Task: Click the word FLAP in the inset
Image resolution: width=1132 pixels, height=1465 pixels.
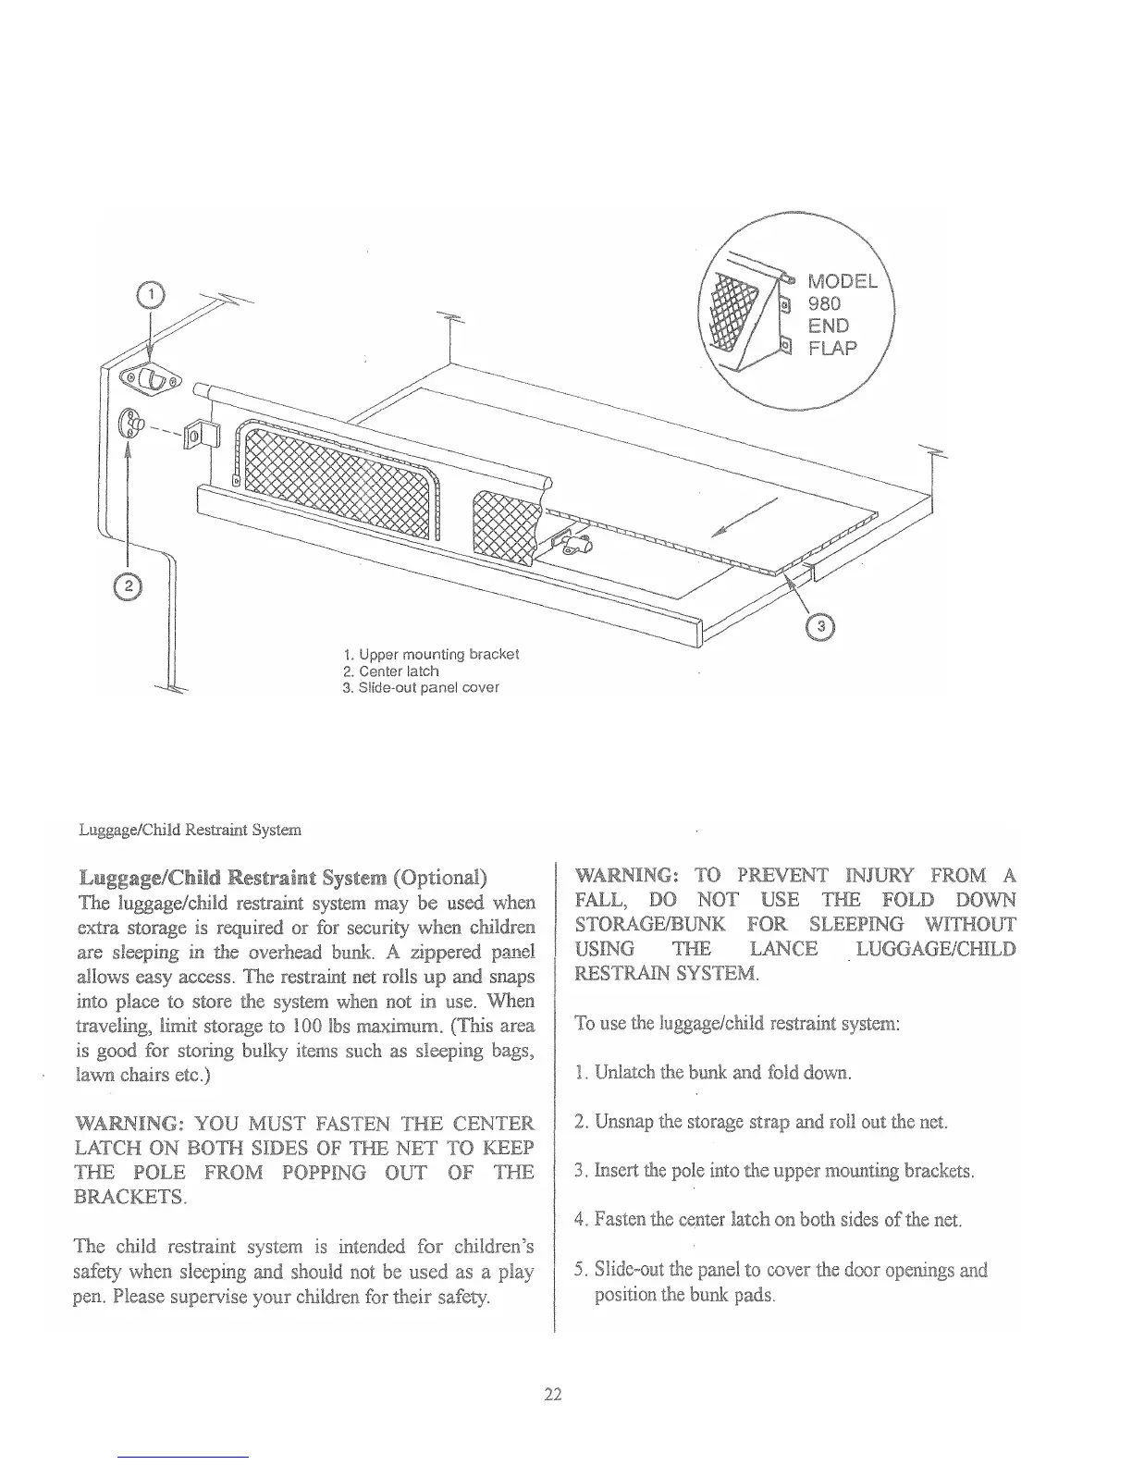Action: [833, 348]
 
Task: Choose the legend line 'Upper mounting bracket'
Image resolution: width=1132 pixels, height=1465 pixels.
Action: [431, 654]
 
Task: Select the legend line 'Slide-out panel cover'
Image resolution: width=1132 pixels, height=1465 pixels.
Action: [421, 687]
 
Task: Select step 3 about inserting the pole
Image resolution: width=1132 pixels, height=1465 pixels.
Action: [775, 1171]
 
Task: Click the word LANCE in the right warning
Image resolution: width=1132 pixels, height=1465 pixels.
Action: [783, 948]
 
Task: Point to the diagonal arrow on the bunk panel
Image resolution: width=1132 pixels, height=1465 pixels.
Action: [745, 517]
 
